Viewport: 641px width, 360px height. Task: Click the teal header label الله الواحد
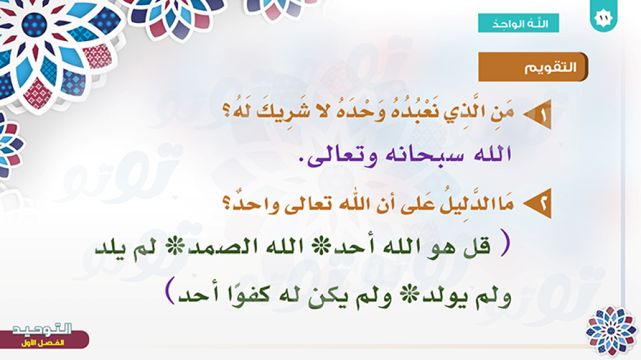[x=519, y=23]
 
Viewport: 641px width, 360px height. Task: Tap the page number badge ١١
[x=604, y=17]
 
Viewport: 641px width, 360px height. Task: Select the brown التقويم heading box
[x=533, y=67]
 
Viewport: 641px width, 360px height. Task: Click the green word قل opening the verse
[x=477, y=246]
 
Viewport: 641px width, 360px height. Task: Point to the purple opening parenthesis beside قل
[x=506, y=243]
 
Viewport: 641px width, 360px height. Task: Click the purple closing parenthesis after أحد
[x=171, y=290]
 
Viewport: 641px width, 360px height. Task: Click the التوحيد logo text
[x=42, y=329]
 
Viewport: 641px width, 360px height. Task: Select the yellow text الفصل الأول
[x=42, y=343]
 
